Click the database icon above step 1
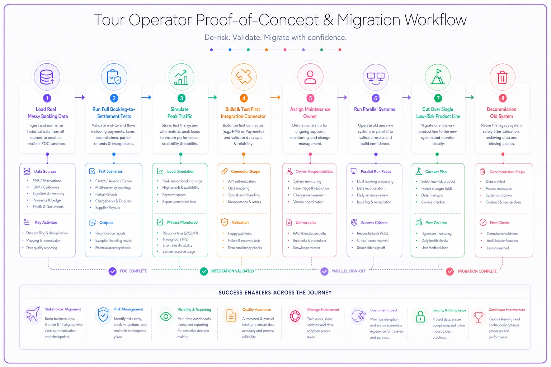pos(47,77)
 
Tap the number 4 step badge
pos(244,98)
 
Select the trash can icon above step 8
pos(502,77)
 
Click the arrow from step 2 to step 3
pos(146,97)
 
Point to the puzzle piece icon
pos(244,77)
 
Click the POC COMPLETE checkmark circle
pos(112,271)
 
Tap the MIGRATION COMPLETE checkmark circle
pos(449,271)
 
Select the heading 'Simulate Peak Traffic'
pos(180,113)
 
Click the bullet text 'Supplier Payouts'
pos(108,208)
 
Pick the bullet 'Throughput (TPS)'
pos(175,239)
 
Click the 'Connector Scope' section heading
pos(245,171)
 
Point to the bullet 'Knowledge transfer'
pos(306,248)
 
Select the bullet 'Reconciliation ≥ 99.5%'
pos(373,233)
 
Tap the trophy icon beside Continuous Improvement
pos(479,316)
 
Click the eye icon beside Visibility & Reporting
pos(166,316)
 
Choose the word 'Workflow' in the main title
pos(435,20)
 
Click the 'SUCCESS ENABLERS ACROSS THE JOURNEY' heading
pos(275,292)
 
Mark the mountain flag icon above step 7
pos(438,77)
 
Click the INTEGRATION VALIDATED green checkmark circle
pos(204,271)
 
